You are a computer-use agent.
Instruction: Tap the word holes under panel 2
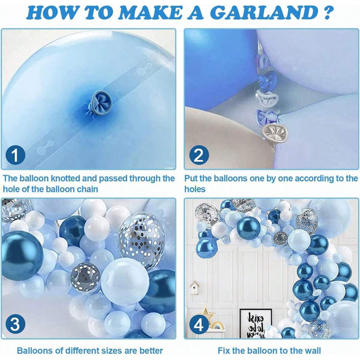[x=195, y=189]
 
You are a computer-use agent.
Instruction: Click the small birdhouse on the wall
[x=194, y=289]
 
